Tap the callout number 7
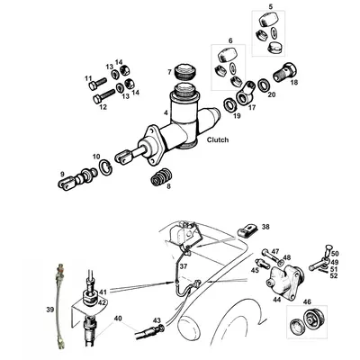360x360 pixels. (168, 71)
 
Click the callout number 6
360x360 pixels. (229, 41)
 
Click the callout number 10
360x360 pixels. (96, 157)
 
